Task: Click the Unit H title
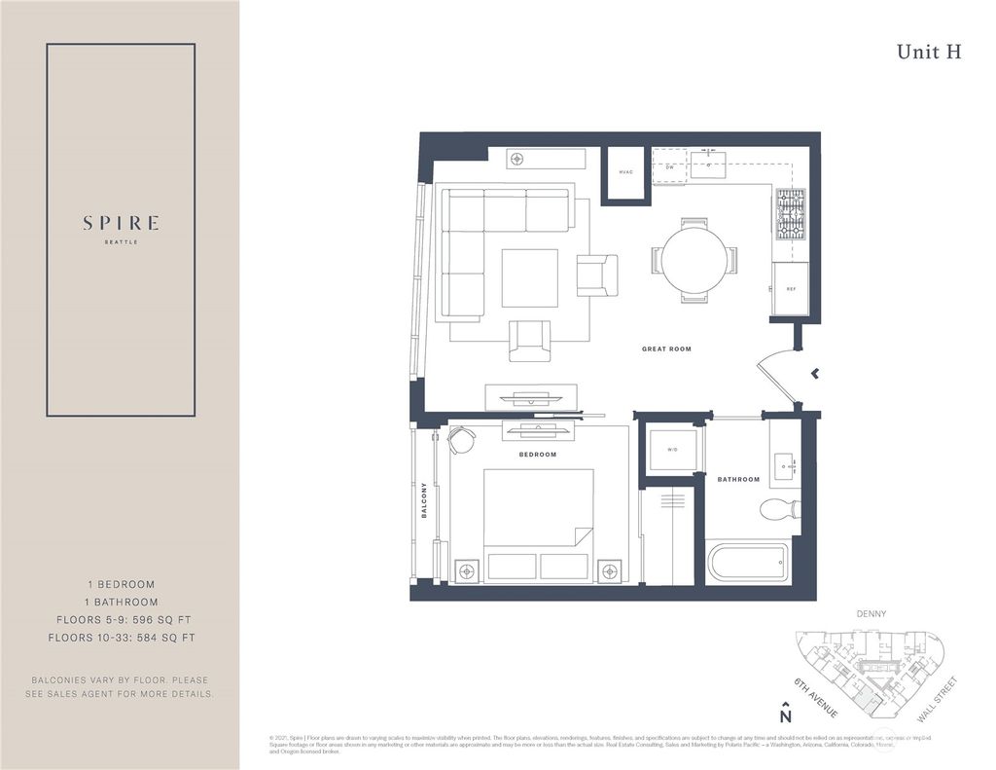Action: click(x=929, y=53)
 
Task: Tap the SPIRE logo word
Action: click(x=121, y=223)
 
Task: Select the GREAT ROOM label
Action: click(x=666, y=348)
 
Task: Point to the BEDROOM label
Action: click(x=537, y=455)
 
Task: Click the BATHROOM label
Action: click(x=738, y=479)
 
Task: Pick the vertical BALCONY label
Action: click(x=424, y=500)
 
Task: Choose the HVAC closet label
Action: click(x=625, y=172)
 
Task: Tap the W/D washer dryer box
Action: click(x=672, y=450)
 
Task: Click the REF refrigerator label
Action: click(x=791, y=289)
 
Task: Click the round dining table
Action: click(x=694, y=260)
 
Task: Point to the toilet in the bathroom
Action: click(x=780, y=509)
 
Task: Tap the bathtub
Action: click(x=747, y=563)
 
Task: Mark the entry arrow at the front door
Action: click(x=815, y=372)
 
